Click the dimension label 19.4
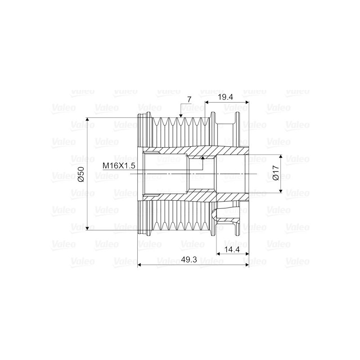point(225,97)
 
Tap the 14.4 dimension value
point(232,249)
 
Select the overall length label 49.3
point(189,260)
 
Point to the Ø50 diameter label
point(81,174)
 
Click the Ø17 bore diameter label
point(275,173)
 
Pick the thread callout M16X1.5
point(119,166)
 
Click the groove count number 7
point(189,99)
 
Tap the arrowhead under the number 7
point(181,116)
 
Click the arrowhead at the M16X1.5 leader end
point(202,157)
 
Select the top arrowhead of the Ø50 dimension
point(87,120)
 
